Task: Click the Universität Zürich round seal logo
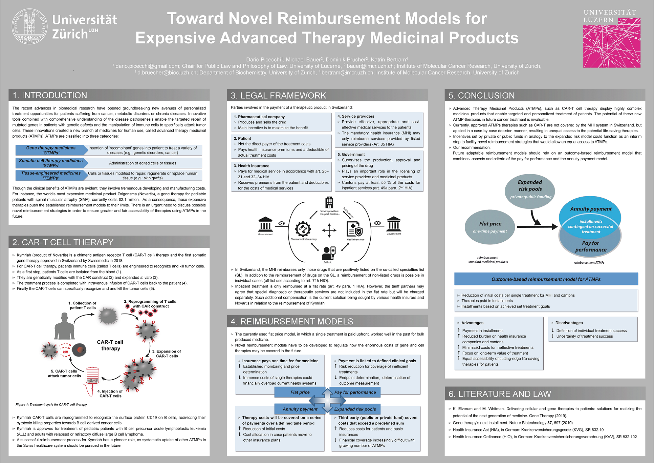pos(30,26)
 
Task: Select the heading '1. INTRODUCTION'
pos(50,95)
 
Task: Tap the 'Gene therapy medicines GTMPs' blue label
pos(51,150)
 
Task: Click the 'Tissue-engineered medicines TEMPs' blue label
pos(51,175)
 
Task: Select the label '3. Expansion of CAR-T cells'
pos(167,354)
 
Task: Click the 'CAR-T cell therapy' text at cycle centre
pos(110,345)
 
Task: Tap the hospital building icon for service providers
pos(329,202)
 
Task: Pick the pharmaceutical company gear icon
pos(303,229)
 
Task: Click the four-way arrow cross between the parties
pos(329,230)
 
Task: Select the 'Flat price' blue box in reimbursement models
pos(300,392)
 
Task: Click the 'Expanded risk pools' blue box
pos(355,409)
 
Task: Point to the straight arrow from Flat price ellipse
pos(537,226)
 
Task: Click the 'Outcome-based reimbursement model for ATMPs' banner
pos(546,279)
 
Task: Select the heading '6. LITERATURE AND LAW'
pos(500,394)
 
